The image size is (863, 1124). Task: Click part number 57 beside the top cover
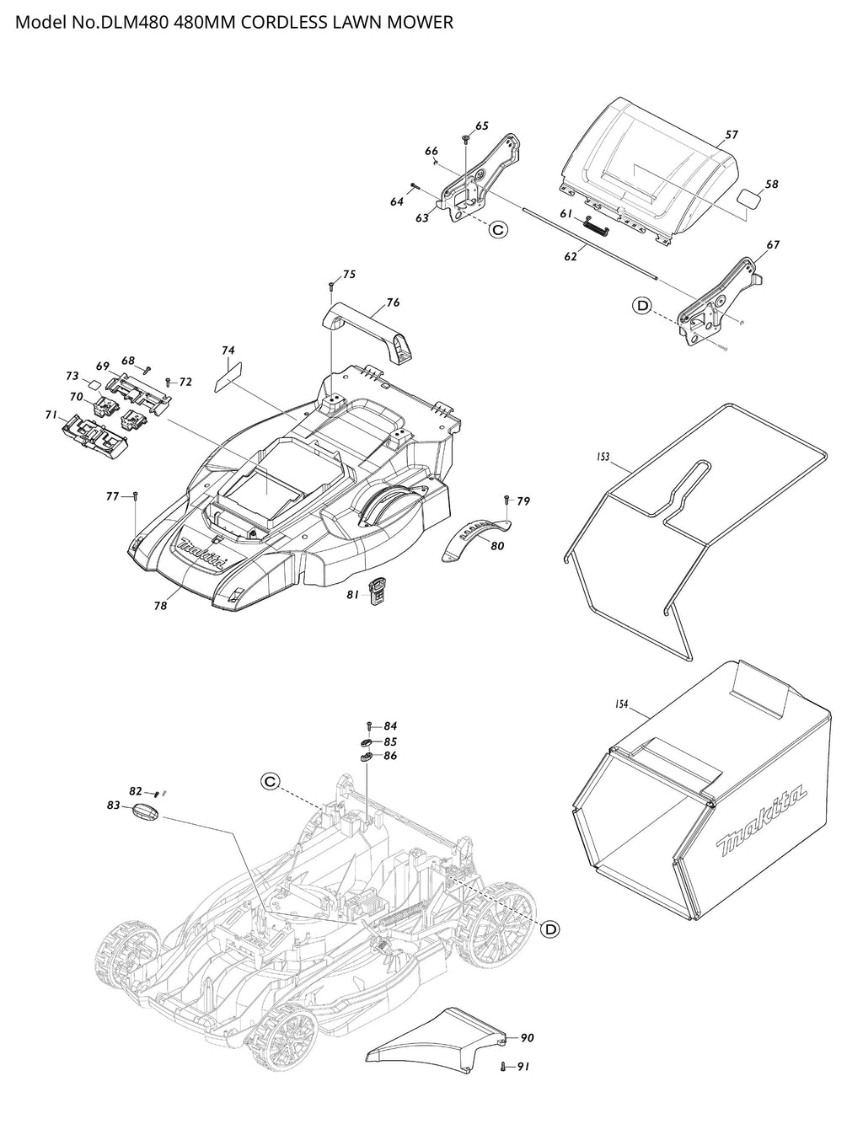tap(731, 135)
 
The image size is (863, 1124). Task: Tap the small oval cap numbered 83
tap(147, 811)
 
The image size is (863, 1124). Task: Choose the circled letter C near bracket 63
tap(498, 229)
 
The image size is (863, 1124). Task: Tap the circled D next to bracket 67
tap(642, 306)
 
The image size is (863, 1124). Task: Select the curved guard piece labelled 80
tap(476, 538)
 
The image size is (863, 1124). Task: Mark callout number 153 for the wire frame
tap(603, 458)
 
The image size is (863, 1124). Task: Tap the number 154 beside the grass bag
tap(621, 704)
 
